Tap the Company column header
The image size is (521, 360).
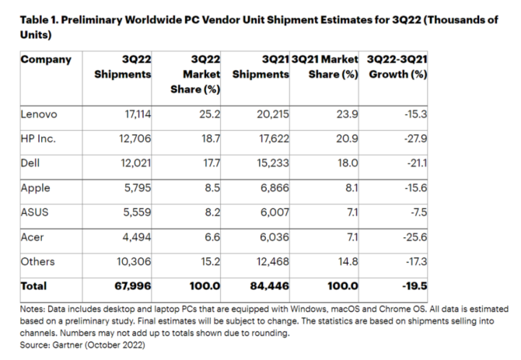(46, 59)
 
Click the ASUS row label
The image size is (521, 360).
(35, 213)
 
